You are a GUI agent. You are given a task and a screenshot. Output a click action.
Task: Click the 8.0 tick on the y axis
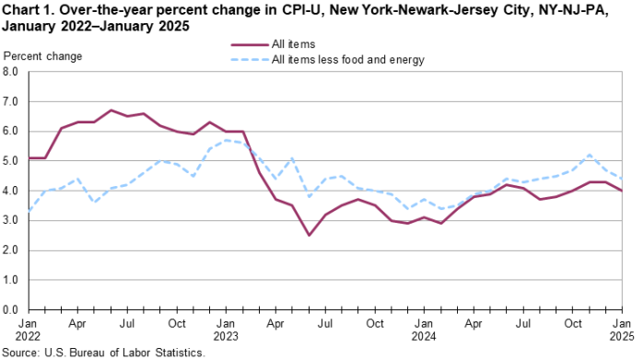(13, 71)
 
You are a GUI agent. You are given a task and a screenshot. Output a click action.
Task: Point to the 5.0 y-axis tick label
(13, 160)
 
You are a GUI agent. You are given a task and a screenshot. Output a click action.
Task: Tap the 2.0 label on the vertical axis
(13, 250)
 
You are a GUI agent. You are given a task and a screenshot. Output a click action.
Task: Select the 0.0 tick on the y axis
(13, 309)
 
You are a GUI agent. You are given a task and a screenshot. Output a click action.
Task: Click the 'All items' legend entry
(294, 43)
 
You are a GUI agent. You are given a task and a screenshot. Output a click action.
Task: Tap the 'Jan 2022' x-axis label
(29, 331)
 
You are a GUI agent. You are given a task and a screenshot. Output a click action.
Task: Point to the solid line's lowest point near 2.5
(310, 235)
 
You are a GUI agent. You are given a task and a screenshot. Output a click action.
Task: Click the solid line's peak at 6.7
(111, 110)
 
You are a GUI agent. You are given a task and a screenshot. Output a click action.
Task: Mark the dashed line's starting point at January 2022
(29, 213)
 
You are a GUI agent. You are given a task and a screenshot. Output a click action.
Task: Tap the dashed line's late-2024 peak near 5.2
(590, 155)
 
